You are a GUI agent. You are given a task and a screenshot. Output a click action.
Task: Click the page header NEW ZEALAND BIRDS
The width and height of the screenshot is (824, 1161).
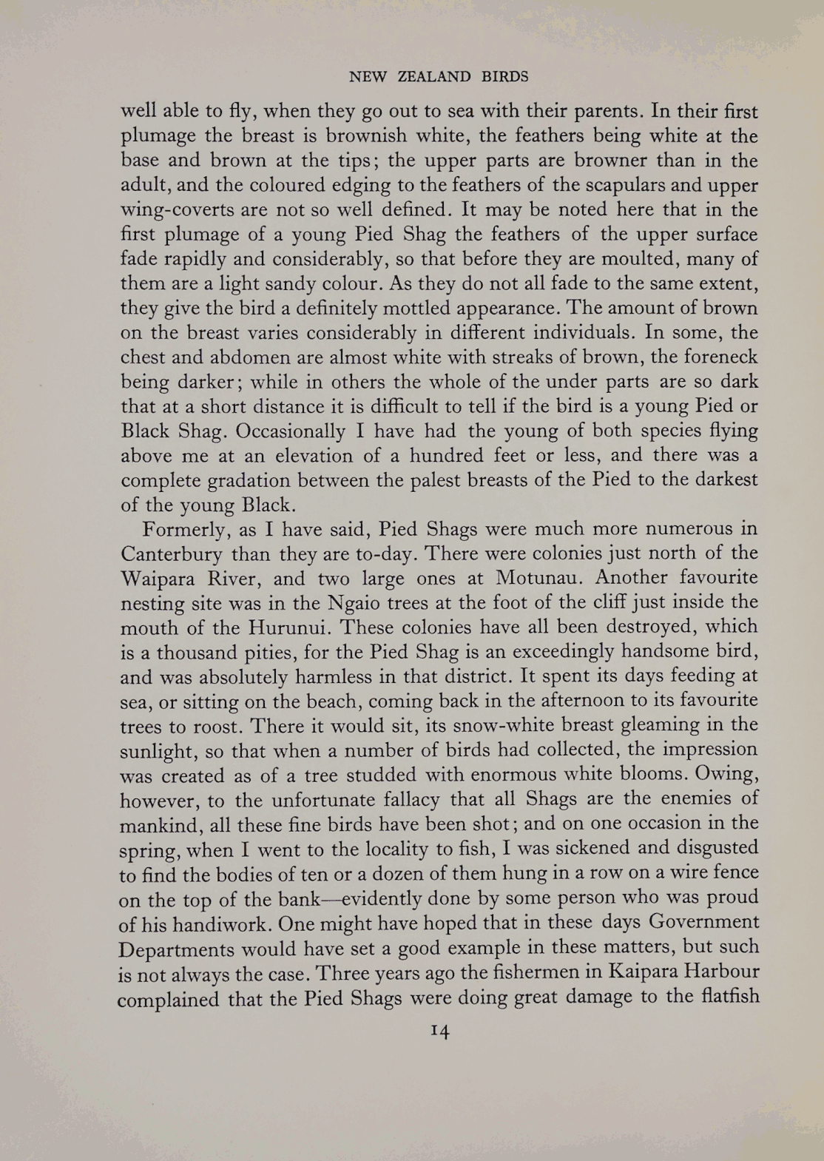click(439, 76)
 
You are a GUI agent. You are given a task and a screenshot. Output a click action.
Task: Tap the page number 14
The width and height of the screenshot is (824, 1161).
click(439, 1032)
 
